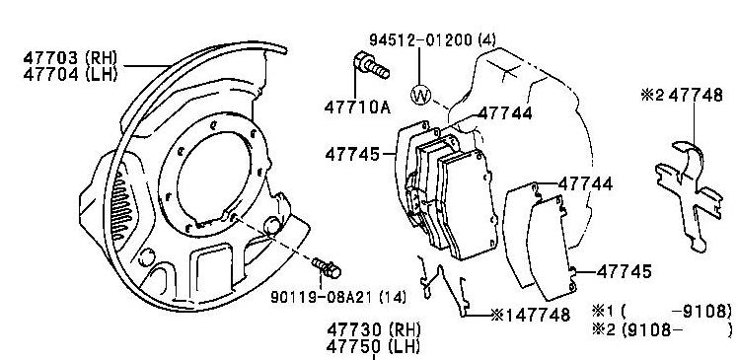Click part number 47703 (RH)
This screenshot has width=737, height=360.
pyautogui.click(x=70, y=58)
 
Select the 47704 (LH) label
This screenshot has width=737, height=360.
pyautogui.click(x=70, y=74)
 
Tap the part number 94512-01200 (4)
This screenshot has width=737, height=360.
pyautogui.click(x=432, y=40)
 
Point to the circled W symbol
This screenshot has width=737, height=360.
pyautogui.click(x=420, y=96)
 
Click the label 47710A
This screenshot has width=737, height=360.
pyautogui.click(x=358, y=108)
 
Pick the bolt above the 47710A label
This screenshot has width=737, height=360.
pyautogui.click(x=371, y=66)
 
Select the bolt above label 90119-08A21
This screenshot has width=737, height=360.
pyautogui.click(x=327, y=267)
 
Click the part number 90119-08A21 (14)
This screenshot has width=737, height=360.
pyautogui.click(x=338, y=297)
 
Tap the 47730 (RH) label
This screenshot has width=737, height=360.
pyautogui.click(x=374, y=328)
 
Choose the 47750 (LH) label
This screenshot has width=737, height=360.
pyautogui.click(x=374, y=346)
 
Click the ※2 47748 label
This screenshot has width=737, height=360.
pyautogui.click(x=682, y=96)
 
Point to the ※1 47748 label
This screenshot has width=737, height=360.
pyautogui.click(x=530, y=315)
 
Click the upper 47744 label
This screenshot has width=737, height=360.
pyautogui.click(x=505, y=113)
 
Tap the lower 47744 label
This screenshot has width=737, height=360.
pyautogui.click(x=586, y=183)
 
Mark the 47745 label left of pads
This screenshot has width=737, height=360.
pyautogui.click(x=352, y=154)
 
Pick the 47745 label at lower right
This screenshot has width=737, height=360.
pyautogui.click(x=625, y=271)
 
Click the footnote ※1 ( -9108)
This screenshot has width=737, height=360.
pyautogui.click(x=662, y=311)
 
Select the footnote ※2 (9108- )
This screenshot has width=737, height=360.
pyautogui.click(x=662, y=329)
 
